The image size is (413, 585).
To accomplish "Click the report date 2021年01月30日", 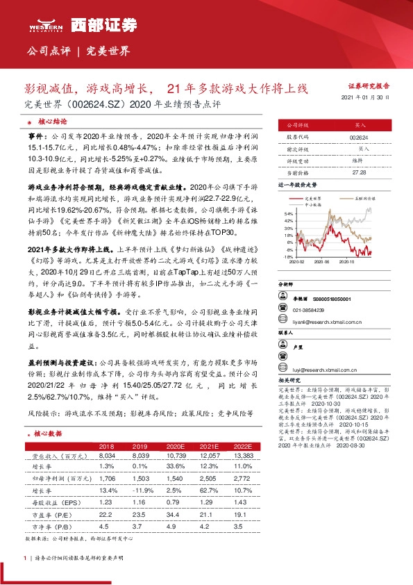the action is (x=366, y=98).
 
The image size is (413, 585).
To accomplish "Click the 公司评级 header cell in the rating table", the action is (x=293, y=125).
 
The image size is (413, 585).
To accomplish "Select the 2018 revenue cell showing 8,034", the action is (x=107, y=456).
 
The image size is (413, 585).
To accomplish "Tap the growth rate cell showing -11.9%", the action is (x=151, y=490).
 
